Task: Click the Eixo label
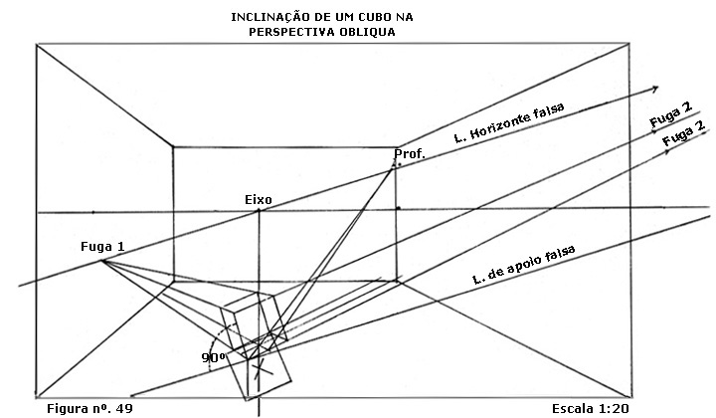tap(258, 200)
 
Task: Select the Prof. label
tap(410, 154)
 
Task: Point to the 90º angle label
tap(212, 356)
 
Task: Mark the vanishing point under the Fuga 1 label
tap(102, 262)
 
